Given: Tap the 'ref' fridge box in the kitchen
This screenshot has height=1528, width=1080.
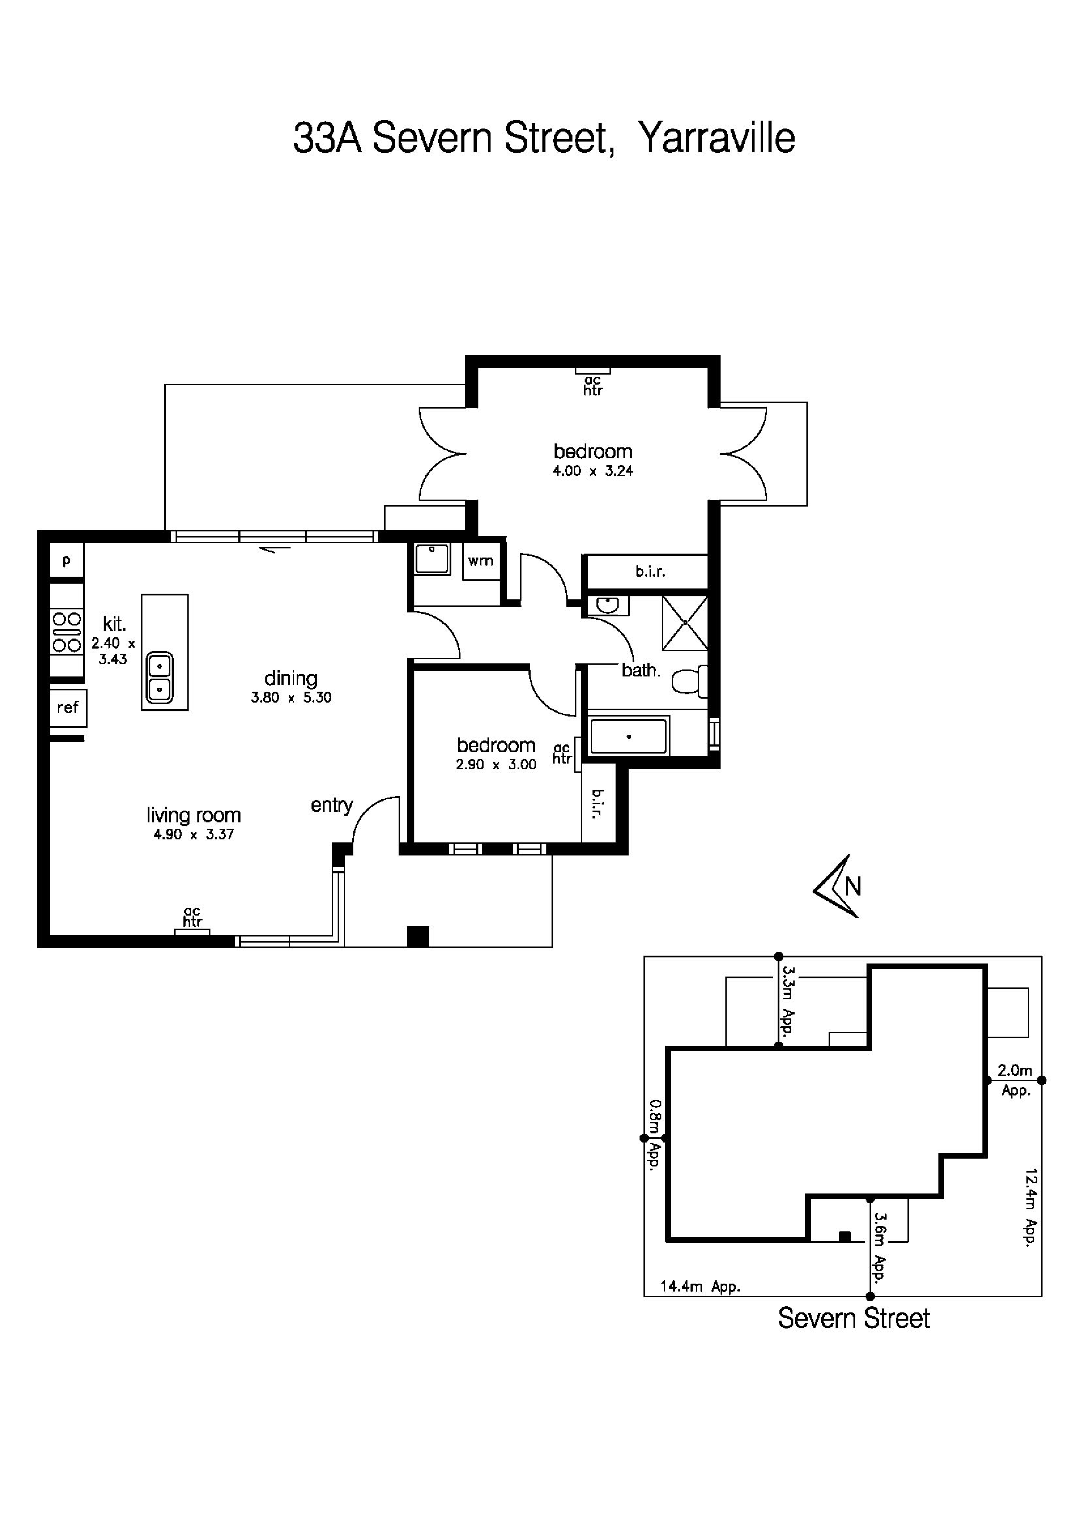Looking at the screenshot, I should click(x=68, y=707).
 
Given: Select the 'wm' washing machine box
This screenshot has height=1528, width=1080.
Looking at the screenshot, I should click(x=481, y=561).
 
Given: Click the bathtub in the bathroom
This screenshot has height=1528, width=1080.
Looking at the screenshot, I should click(x=628, y=736).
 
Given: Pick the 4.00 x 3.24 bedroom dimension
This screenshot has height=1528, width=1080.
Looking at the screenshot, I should click(x=592, y=471).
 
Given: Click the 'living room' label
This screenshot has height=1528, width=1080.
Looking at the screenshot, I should click(x=193, y=815).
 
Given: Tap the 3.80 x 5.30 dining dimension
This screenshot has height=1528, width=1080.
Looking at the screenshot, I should click(x=291, y=698).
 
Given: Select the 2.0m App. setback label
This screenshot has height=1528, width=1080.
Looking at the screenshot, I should click(x=1015, y=1079).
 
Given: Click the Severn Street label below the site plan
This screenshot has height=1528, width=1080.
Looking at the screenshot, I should click(x=854, y=1318).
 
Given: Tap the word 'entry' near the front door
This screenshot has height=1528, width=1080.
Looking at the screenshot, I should click(x=332, y=806).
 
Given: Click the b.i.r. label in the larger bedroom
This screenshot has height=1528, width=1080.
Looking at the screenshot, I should click(x=650, y=571).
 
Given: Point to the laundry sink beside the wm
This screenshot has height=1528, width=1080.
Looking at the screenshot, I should click(x=432, y=559).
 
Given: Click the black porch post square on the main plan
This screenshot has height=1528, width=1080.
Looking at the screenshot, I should click(x=417, y=936).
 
